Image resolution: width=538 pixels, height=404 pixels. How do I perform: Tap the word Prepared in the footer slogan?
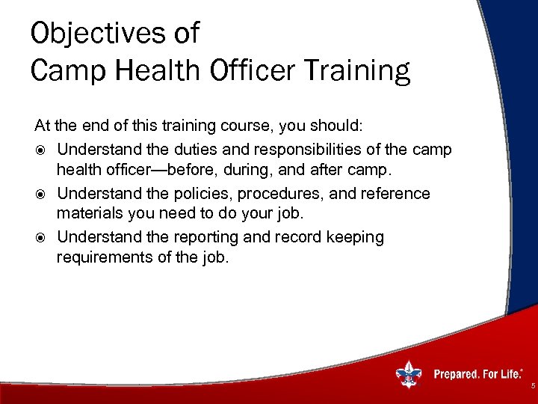457,374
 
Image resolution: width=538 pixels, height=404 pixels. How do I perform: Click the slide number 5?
532,386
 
